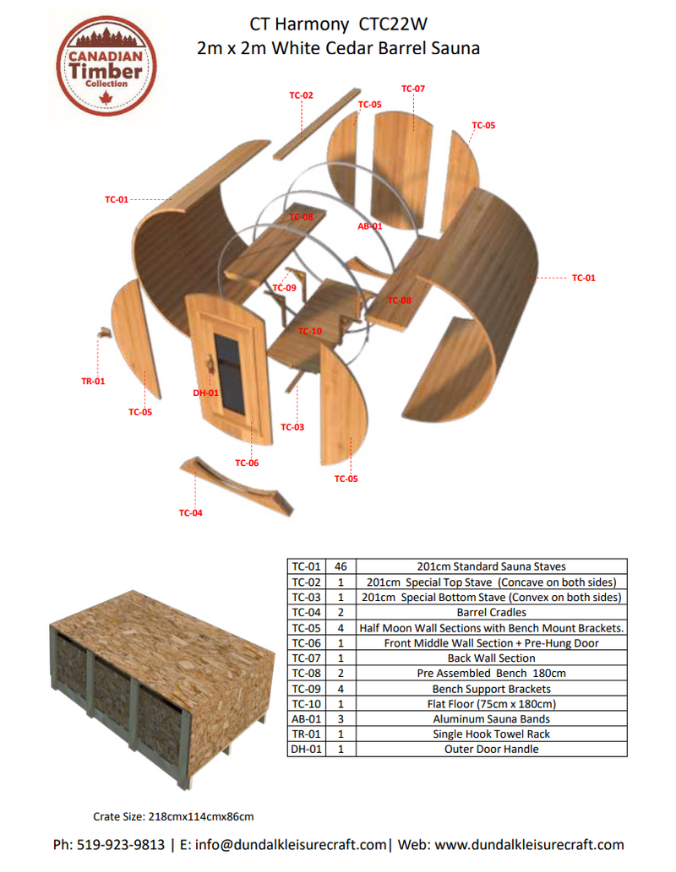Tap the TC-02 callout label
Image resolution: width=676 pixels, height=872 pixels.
pyautogui.click(x=301, y=95)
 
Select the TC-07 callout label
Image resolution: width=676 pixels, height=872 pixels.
pyautogui.click(x=412, y=89)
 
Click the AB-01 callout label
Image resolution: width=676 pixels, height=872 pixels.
pyautogui.click(x=370, y=226)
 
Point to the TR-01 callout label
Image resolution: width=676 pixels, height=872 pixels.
pyautogui.click(x=93, y=382)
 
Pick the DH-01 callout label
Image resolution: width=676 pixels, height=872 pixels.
pyautogui.click(x=205, y=393)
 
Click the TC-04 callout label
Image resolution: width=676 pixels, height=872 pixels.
pyautogui.click(x=190, y=512)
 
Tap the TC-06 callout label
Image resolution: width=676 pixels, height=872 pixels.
pyautogui.click(x=247, y=463)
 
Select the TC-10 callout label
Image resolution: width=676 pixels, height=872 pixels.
pyautogui.click(x=310, y=331)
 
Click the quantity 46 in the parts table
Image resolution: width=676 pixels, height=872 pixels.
pyautogui.click(x=340, y=566)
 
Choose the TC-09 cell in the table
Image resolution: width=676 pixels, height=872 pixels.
pyautogui.click(x=306, y=688)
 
